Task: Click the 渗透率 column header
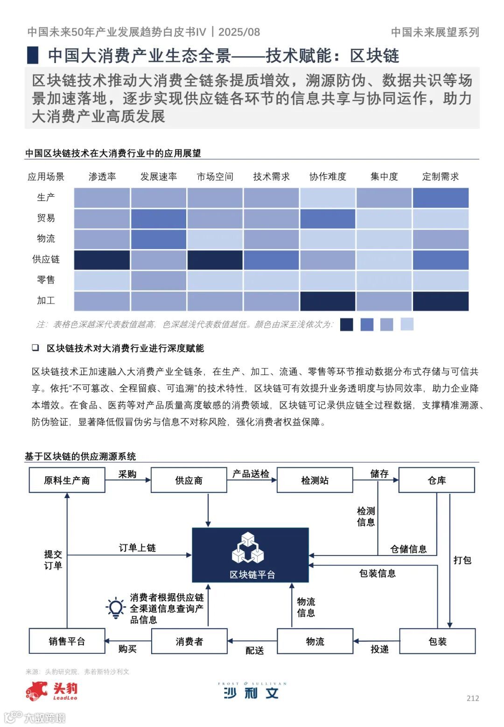102,177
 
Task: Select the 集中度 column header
384,177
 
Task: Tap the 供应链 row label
46,259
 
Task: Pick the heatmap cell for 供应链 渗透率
102,260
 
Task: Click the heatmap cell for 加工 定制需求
441,301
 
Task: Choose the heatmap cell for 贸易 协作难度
328,219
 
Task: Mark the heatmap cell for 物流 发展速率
159,239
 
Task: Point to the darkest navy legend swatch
347,325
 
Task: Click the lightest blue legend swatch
407,324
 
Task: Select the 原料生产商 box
67,480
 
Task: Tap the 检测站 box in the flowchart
315,480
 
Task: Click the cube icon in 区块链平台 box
248,547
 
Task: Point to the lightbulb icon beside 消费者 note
115,608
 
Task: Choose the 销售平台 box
67,641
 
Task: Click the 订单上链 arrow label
137,547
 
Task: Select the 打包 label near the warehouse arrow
462,560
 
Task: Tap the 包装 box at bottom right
437,641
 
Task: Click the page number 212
473,698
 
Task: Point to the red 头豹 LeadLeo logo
51,691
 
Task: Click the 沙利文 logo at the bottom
252,691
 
